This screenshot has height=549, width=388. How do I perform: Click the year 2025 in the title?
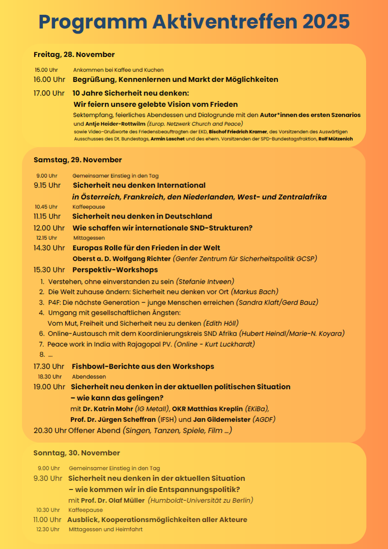[326, 21]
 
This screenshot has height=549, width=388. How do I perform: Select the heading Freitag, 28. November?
[74, 54]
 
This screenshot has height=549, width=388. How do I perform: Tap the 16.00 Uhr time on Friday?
[49, 80]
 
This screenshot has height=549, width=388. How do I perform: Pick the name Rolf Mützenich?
[336, 139]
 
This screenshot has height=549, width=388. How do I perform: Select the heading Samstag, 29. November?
[78, 160]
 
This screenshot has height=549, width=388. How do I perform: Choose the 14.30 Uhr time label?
[49, 248]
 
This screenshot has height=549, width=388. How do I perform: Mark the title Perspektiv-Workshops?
[115, 270]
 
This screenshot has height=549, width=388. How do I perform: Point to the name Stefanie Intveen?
[206, 282]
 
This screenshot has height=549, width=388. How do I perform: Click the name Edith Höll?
[220, 323]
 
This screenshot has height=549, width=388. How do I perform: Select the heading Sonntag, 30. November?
[77, 453]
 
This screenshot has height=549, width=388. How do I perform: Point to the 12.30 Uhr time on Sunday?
[48, 529]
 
